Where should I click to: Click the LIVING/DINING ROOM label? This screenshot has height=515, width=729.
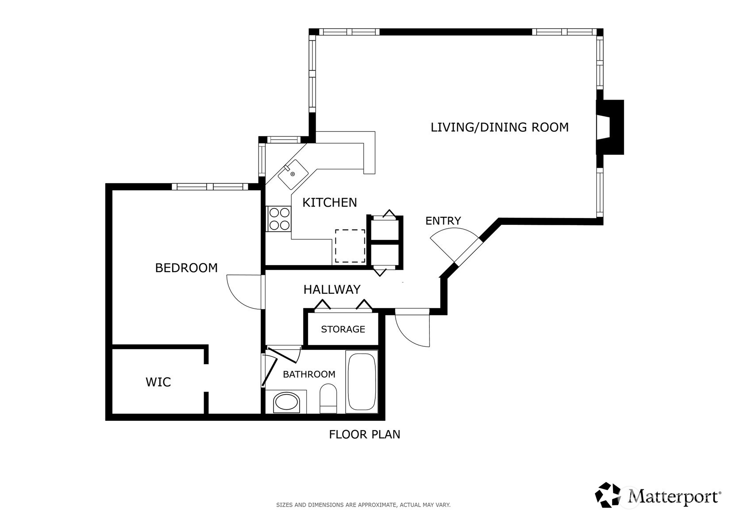tap(499, 127)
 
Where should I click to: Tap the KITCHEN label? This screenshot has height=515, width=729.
tap(329, 203)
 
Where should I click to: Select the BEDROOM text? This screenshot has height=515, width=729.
tap(186, 268)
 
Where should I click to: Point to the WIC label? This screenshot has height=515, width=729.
tap(158, 382)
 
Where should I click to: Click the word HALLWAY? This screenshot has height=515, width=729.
tap(332, 290)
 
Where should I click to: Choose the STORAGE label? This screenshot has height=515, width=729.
tap(343, 330)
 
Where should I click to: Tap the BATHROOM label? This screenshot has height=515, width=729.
tap(309, 375)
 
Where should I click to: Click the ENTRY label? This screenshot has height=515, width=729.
tap(443, 221)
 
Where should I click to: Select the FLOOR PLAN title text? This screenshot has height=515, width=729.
tap(364, 435)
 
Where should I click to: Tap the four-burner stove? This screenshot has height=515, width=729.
tap(279, 219)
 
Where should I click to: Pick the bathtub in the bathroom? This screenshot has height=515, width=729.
tap(362, 382)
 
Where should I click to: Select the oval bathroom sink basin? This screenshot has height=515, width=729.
tap(286, 403)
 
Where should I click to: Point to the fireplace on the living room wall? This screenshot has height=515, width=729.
tap(611, 127)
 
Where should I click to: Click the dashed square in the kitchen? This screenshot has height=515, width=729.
tap(350, 246)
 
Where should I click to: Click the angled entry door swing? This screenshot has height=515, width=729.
tap(454, 243)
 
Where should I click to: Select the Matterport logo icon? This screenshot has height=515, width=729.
tap(608, 495)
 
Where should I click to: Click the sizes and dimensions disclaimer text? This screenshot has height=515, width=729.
tap(363, 505)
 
